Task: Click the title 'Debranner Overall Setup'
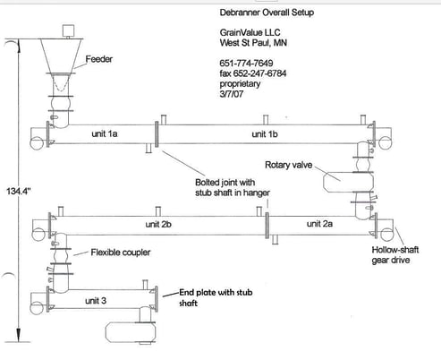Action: tap(266, 14)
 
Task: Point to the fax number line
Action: tap(259, 73)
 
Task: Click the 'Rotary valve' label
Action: tap(289, 166)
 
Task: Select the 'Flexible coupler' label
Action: tap(120, 253)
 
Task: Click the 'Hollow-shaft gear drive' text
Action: tap(396, 258)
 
